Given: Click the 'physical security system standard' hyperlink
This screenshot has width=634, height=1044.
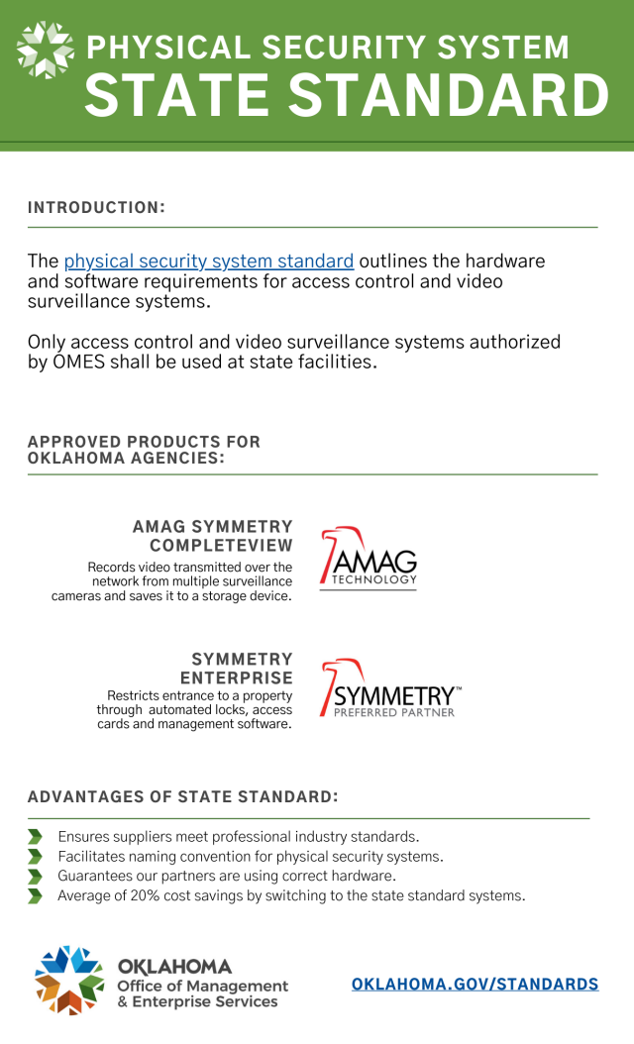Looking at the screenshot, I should coord(208,261).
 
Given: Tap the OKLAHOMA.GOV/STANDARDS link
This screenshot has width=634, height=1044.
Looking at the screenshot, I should coord(475,985).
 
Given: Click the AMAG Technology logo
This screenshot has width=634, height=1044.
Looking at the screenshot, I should coord(369,558).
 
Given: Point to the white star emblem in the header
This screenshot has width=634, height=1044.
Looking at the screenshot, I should coord(46,49).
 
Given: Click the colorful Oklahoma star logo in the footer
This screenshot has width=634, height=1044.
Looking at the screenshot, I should coord(70,980).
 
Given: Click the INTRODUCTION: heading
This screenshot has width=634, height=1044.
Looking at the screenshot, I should coord(96,208).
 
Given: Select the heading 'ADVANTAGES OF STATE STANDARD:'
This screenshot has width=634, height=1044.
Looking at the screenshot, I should coord(183,797).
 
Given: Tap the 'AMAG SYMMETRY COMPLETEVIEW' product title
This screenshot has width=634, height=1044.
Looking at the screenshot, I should coord(213,536).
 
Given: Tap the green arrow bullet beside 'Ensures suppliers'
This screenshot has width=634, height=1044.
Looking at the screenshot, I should coord(36,837).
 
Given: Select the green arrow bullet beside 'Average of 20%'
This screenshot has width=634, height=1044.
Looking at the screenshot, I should coord(36,896).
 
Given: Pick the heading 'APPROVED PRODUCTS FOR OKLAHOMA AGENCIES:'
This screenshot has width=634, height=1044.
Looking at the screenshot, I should coord(144,450).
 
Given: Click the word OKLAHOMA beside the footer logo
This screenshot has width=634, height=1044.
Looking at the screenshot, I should coord(174,967).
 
